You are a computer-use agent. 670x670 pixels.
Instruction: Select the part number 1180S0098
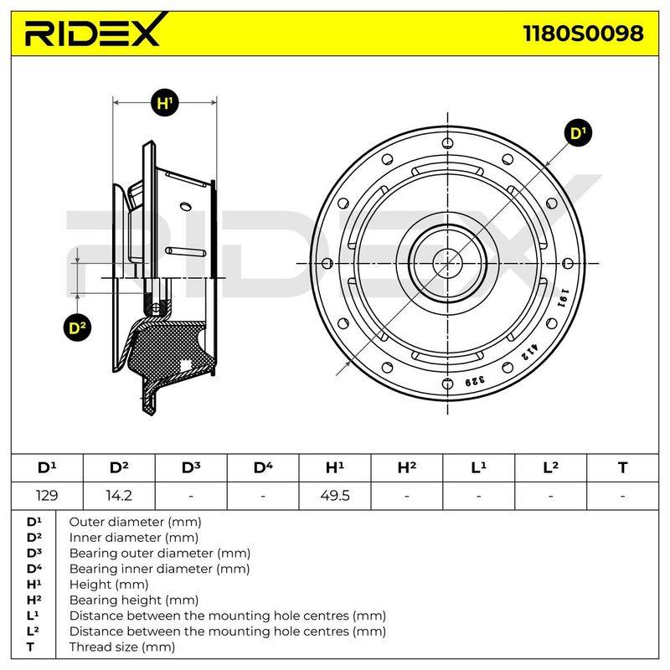583,33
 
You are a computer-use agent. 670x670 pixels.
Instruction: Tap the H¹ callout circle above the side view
164,103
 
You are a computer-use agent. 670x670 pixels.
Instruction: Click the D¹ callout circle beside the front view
578,133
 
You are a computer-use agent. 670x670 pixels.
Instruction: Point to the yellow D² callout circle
77,327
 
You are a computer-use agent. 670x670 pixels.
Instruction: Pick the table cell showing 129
47,496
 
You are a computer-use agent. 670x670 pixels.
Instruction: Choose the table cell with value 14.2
119,496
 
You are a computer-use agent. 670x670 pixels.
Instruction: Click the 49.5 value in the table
334,496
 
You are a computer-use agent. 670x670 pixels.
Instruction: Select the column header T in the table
622,468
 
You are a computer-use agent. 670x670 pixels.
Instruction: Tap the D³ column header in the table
191,468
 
